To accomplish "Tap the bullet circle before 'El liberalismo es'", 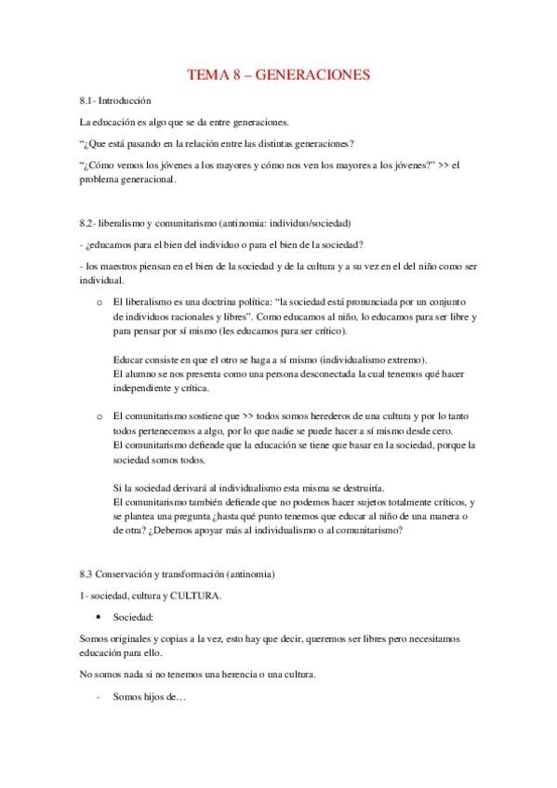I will pyautogui.click(x=99, y=303).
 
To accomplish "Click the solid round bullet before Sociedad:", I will pyautogui.click(x=99, y=616).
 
